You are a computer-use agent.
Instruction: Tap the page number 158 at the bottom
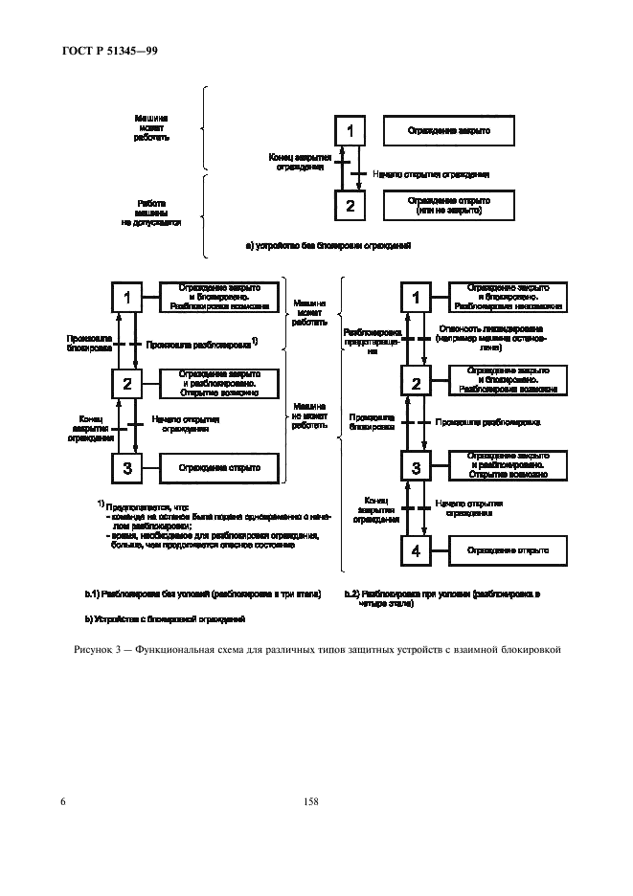click(309, 802)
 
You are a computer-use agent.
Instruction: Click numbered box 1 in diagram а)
click(350, 131)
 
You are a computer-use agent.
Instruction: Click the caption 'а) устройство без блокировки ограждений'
click(328, 246)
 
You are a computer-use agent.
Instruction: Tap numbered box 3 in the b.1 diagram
click(127, 468)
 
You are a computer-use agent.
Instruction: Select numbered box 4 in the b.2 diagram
click(416, 551)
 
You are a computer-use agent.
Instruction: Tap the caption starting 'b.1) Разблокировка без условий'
click(202, 594)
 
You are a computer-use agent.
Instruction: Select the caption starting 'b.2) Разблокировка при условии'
click(442, 598)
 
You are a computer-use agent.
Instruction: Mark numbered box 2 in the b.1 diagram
click(127, 384)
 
